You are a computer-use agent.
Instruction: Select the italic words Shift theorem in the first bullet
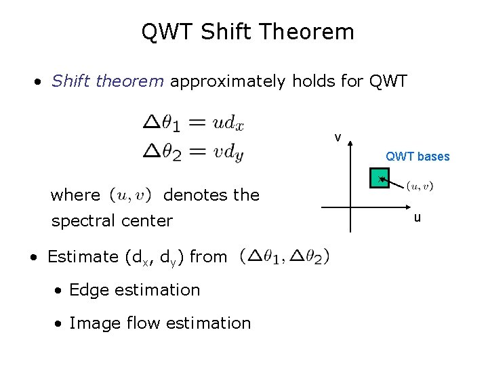108,82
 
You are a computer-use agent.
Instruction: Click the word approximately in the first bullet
228,82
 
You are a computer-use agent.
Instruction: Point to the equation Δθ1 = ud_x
194,123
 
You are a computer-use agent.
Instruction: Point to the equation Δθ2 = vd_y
194,152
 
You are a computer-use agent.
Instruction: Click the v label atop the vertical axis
337,138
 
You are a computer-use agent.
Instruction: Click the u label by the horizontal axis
418,218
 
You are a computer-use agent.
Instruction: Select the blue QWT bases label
418,157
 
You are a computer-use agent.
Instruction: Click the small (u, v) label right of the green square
420,186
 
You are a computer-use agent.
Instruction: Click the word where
75,195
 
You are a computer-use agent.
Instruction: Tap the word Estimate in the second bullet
83,257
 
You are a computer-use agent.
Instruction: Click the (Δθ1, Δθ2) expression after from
285,256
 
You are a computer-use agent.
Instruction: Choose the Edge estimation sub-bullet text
134,290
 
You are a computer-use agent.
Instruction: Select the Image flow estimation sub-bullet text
160,323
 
